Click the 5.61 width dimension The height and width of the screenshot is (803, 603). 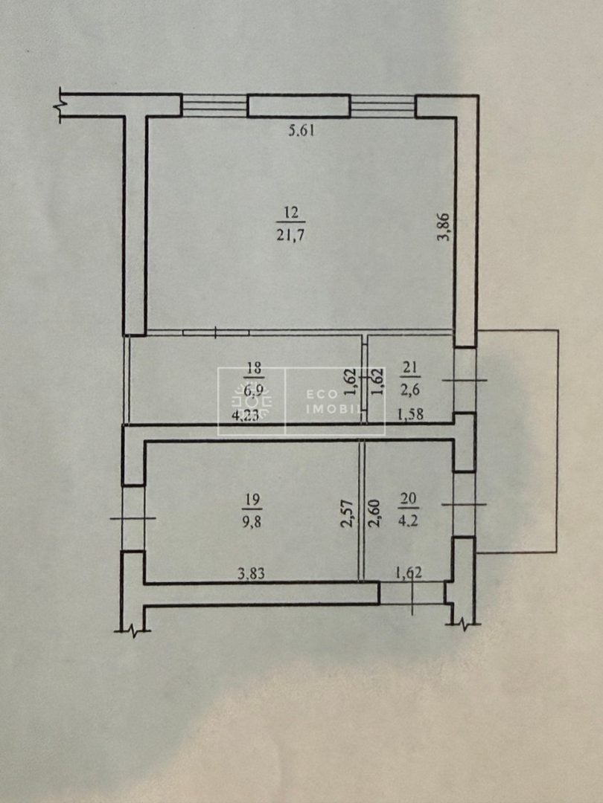click(301, 131)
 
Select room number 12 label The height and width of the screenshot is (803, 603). click(291, 213)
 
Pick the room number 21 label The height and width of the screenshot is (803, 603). click(412, 367)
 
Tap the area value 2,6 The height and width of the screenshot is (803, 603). click(412, 390)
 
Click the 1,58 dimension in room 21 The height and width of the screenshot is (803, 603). click(412, 414)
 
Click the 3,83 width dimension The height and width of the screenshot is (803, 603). click(252, 573)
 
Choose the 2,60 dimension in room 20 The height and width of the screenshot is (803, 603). click(373, 514)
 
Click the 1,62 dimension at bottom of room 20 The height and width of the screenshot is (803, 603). click(409, 573)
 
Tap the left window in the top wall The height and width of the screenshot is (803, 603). click(215, 106)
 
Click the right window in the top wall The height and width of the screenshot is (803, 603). click(383, 106)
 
